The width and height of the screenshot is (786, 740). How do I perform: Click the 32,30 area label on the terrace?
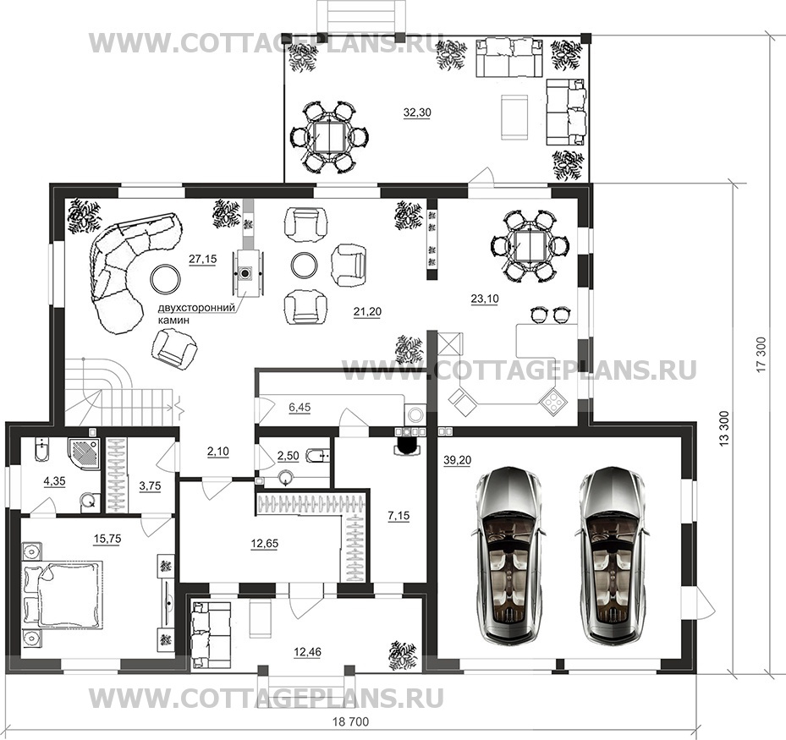coord(417,112)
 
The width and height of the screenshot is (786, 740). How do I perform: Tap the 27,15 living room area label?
coord(202,259)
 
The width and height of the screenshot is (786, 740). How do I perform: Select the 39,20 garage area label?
coord(457,460)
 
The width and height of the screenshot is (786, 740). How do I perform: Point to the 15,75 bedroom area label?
coord(107,539)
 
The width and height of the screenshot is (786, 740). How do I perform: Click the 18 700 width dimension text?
coord(351,722)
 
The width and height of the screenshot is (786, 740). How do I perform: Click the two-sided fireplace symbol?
coord(245,273)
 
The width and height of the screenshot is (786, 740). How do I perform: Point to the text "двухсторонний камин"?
coord(196,314)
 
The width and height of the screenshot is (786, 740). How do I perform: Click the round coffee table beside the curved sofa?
coord(165,278)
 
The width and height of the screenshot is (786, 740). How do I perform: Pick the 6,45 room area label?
coord(300,408)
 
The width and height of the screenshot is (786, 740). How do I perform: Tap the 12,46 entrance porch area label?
coord(308,652)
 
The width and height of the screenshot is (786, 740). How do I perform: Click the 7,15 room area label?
coord(398,515)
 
